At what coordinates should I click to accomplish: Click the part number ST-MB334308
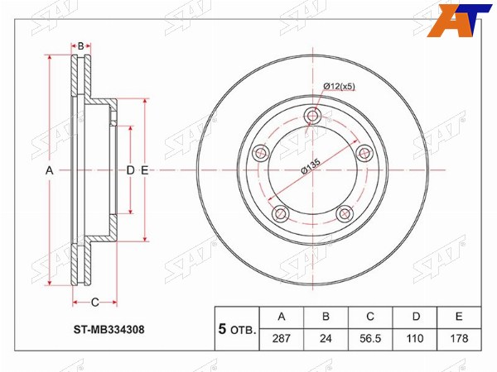(109, 330)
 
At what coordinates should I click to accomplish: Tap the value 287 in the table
(282, 339)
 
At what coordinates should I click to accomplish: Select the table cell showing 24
(326, 339)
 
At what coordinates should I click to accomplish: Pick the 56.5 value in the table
(370, 339)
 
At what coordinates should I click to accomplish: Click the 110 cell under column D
(415, 339)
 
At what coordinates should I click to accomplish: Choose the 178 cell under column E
(459, 339)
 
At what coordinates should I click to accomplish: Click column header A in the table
(282, 317)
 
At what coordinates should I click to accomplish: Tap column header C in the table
(370, 317)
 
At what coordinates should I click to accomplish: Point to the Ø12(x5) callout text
(339, 86)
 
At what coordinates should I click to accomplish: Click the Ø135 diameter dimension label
(311, 165)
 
